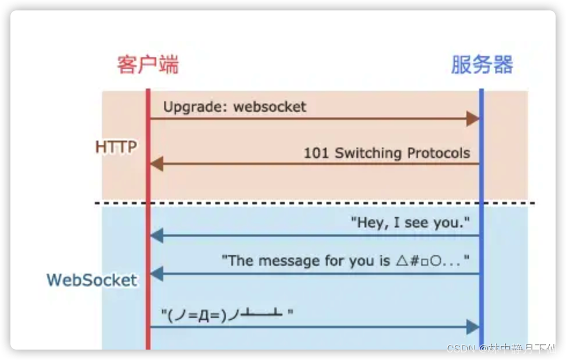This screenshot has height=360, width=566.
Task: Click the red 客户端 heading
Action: point(148,64)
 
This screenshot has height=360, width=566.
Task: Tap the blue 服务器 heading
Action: point(482,64)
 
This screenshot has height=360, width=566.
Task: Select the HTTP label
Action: point(116,147)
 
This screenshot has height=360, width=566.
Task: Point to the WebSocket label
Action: point(92,280)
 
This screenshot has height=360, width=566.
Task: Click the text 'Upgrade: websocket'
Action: point(234,106)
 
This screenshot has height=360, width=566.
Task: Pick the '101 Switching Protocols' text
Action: point(387,153)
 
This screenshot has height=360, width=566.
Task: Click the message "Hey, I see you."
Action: point(410,223)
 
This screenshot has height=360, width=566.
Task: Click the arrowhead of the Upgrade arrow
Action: point(473,119)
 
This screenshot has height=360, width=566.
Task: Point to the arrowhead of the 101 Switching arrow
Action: point(157,164)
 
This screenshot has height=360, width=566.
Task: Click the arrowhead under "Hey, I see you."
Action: point(157,236)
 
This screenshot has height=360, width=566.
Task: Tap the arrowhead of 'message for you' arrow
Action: point(157,274)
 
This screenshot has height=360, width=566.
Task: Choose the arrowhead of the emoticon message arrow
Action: point(473,327)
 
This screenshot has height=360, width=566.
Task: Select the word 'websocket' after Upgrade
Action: point(270,106)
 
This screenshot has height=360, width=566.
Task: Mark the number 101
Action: point(317,153)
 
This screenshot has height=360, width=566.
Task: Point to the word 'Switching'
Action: point(368,153)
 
